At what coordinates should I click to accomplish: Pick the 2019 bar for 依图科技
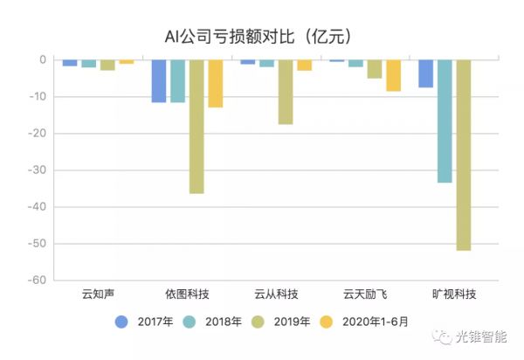196,126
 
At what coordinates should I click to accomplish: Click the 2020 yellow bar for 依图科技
215,83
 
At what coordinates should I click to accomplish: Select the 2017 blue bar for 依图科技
159,80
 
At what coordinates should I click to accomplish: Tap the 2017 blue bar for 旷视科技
425,73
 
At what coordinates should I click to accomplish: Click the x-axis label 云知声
98,294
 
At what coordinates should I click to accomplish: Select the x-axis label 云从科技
276,294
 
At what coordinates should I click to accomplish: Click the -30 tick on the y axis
38,170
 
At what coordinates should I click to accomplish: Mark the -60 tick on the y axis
38,280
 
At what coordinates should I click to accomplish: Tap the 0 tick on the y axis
42,59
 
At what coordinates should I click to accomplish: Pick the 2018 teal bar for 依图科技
178,80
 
